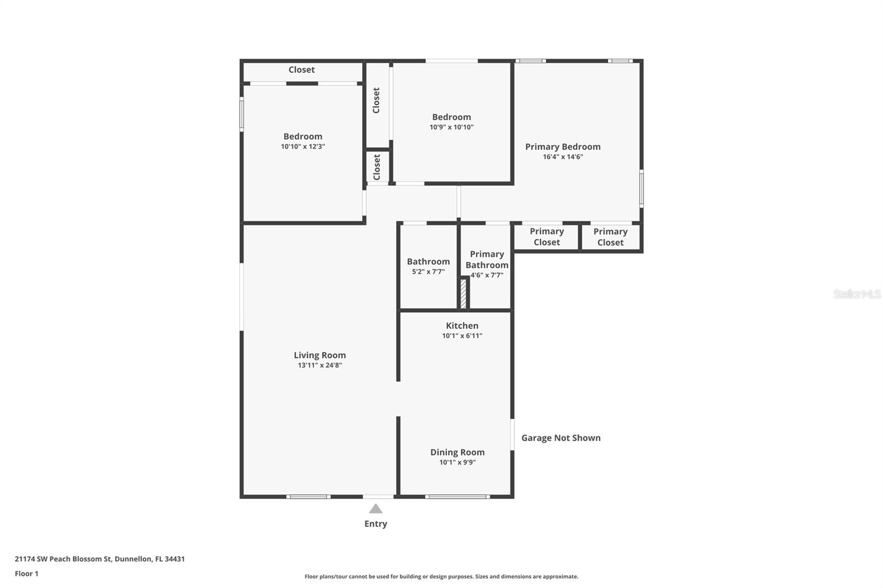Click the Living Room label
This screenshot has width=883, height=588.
320,355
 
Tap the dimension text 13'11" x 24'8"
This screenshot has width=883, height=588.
320,365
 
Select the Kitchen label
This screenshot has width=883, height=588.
462,325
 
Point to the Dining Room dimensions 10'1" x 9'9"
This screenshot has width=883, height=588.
457,462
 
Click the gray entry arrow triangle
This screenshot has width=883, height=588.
375,509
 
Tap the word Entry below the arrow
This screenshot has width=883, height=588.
375,523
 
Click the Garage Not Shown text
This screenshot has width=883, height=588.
561,438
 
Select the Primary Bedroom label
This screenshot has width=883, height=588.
562,147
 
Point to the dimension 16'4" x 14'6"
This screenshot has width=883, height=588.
562,157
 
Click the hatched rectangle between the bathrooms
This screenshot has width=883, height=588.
464,293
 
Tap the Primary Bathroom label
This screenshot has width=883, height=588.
486,259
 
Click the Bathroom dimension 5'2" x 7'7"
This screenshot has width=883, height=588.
428,271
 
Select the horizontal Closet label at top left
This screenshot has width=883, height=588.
301,70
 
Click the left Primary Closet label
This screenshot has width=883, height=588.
546,237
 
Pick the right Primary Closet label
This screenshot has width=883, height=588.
610,237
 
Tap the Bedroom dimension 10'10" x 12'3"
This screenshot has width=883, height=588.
302,147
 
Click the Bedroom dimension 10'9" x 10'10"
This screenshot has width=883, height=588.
451,127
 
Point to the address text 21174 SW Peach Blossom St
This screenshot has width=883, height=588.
64,559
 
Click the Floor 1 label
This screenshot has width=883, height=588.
26,574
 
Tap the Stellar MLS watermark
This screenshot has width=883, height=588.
857,294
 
